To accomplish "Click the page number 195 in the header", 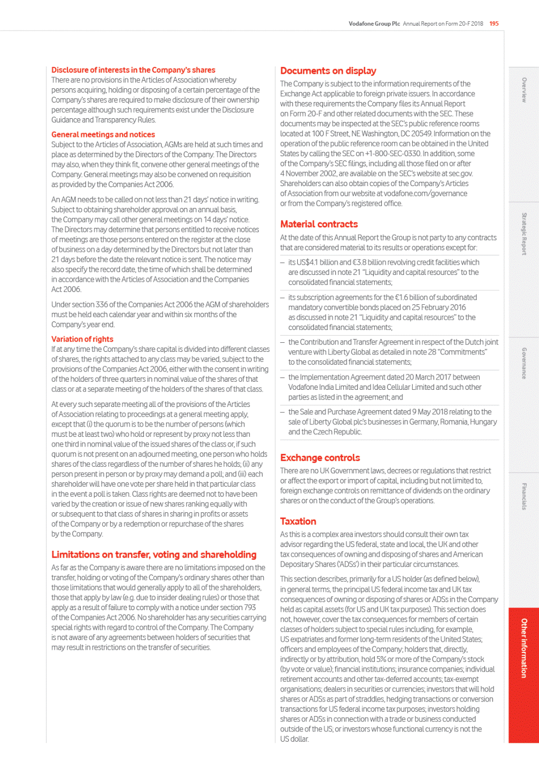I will click(494, 24).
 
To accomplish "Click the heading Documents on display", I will click(328, 71).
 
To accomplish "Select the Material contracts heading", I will click(319, 224).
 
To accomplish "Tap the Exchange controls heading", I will click(320, 458).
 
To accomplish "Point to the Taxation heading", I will click(298, 521).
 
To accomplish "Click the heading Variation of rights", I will click(82, 339).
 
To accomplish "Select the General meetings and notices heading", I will click(103, 135).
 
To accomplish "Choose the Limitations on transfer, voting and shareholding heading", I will click(154, 555).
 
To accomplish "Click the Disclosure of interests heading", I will click(133, 70).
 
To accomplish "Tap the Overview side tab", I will click(524, 90).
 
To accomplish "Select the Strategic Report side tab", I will click(524, 234).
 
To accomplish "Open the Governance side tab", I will click(524, 363).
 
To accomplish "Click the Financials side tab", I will click(524, 496).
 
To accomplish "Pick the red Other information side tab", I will click(524, 648).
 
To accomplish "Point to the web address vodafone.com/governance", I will click(422, 194).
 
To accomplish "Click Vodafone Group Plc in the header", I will click(374, 24).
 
